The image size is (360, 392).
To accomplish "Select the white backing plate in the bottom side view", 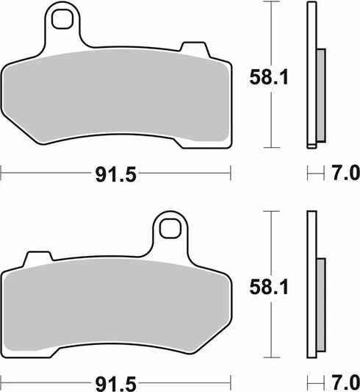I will pyautogui.click(x=311, y=235).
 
